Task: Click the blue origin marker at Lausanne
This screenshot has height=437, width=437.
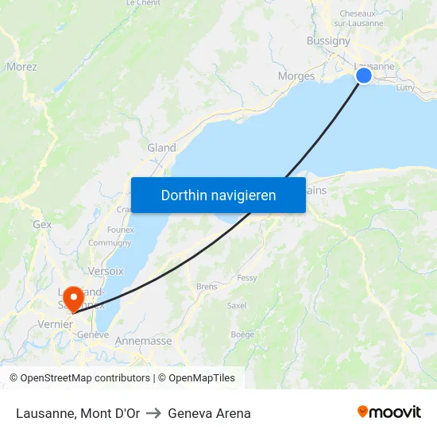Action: coord(363,75)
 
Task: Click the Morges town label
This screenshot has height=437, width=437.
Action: coord(296,76)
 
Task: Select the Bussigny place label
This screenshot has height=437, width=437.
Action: coord(328,41)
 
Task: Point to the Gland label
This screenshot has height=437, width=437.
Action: coord(161,148)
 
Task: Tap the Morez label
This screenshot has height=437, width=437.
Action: coord(21,67)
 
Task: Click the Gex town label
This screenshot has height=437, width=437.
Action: coord(42,225)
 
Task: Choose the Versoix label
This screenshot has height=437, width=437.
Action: coord(107,271)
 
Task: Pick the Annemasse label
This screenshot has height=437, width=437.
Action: coord(143,341)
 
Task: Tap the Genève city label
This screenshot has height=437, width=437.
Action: coord(92,335)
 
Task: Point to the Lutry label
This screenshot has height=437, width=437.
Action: coord(404,87)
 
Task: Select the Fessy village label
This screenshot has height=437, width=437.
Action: coord(246,278)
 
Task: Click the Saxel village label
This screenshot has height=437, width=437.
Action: coord(236,305)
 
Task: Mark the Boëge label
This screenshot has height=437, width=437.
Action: coord(242,335)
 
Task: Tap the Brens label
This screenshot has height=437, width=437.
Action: coord(207,287)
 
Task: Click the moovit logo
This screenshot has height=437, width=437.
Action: coord(389,412)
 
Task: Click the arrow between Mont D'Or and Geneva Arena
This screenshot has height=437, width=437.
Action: coord(153,413)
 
